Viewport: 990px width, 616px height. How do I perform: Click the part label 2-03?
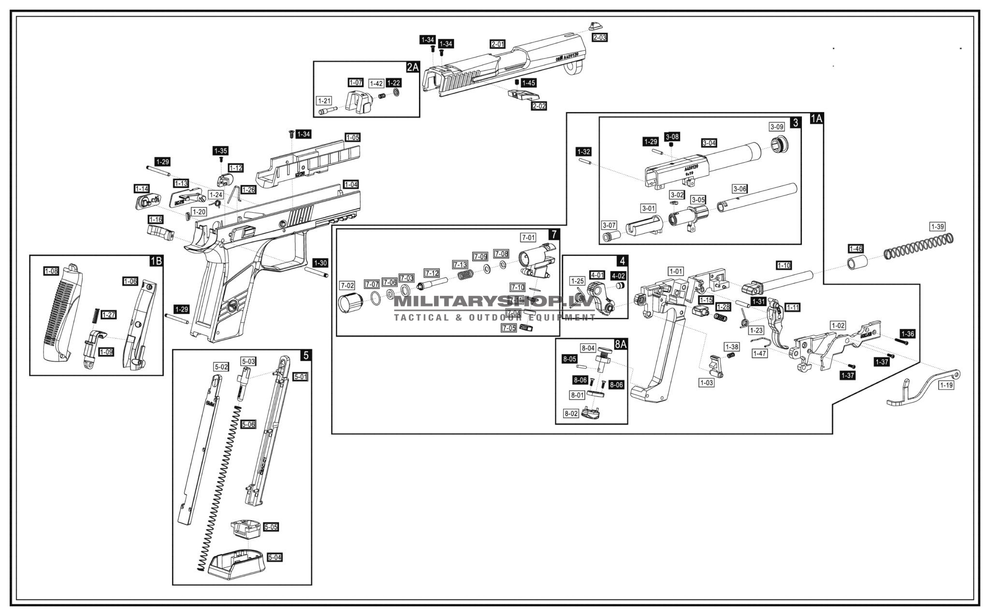click(599, 37)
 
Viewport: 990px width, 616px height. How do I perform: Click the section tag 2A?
click(412, 67)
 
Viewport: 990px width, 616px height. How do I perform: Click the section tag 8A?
click(620, 344)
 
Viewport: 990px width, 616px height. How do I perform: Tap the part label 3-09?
click(776, 127)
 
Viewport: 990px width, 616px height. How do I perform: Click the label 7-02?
click(347, 285)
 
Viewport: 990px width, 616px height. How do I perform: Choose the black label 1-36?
click(907, 334)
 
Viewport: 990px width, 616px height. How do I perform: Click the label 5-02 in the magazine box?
click(221, 367)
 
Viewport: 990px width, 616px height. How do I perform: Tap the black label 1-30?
click(320, 263)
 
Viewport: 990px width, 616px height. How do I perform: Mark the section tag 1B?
click(156, 261)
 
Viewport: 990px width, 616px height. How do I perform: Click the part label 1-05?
click(352, 137)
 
